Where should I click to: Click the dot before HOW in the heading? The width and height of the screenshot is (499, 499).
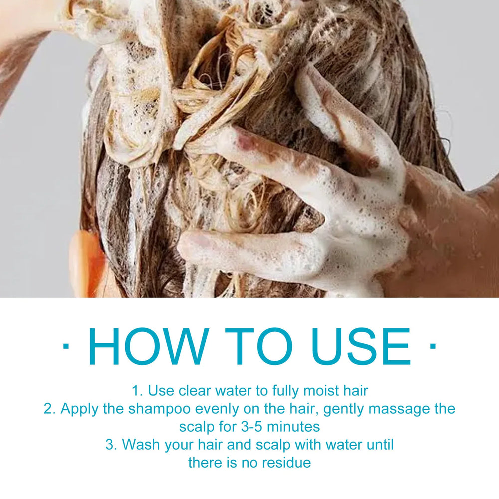coord(66,346)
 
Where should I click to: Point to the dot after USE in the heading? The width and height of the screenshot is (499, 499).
coord(433,346)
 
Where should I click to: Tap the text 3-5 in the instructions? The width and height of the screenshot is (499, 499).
coord(251,427)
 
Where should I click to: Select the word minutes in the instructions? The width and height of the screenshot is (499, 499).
coord(293,427)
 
